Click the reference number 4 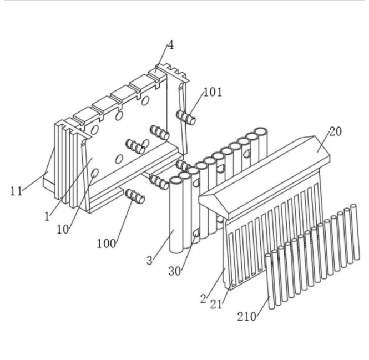click(x=170, y=45)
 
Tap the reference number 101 click(x=213, y=92)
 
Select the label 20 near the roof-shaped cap click(x=335, y=131)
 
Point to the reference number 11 click(x=16, y=191)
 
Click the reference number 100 click(x=107, y=244)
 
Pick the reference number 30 click(x=175, y=271)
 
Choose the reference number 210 click(x=246, y=317)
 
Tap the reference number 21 click(x=216, y=305)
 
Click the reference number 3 click(x=150, y=261)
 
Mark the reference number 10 click(x=63, y=230)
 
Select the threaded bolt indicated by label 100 click(x=135, y=196)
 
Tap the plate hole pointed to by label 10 click(x=94, y=173)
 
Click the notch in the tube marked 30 click(x=196, y=233)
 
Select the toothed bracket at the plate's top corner click(x=172, y=72)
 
